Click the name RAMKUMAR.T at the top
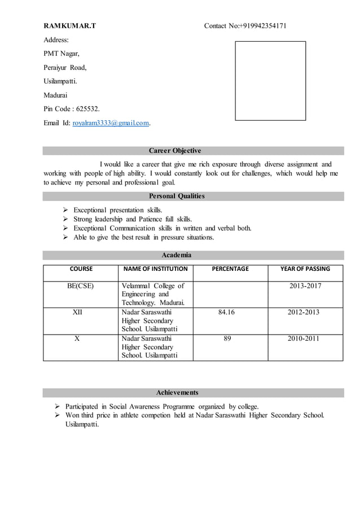coord(70,26)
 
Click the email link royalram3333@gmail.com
coord(111,122)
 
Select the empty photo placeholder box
coord(270,81)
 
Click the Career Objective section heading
coord(174,151)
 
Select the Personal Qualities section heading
coord(177,196)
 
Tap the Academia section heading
coord(177,255)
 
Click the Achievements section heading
coord(177,392)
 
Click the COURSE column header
coord(81,269)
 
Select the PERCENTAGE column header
coord(230,269)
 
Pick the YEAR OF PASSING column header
coord(305,269)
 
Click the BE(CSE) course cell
coord(81,286)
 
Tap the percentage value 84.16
coord(226,312)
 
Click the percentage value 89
coord(227,339)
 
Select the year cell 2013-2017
coord(305,286)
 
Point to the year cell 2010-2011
coord(304,339)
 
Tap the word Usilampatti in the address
coord(60,81)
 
